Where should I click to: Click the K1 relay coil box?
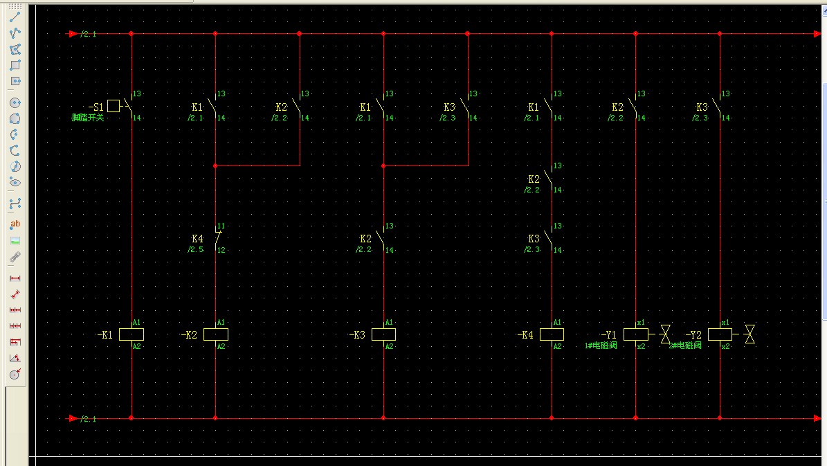tap(131, 334)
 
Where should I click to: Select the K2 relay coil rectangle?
tap(215, 334)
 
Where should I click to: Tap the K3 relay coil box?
tap(383, 334)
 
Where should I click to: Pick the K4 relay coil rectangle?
tap(552, 334)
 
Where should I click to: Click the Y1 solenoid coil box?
tap(635, 334)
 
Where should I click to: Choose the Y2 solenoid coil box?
tap(720, 334)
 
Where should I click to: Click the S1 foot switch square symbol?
tap(113, 106)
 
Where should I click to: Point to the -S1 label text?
tap(96, 107)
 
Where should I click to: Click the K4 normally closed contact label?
tap(197, 239)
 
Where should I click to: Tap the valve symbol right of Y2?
tap(749, 334)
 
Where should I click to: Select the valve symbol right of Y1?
tap(665, 334)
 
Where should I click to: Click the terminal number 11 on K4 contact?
tap(221, 226)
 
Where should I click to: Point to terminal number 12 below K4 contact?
tap(221, 250)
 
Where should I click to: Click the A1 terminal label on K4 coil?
tap(557, 323)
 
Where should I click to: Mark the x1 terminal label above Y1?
tap(641, 323)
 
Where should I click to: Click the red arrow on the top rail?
tap(73, 33)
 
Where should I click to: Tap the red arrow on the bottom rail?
tap(73, 418)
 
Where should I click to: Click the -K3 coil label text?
tap(357, 335)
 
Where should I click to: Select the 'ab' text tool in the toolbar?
tap(15, 224)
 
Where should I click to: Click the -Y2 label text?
tap(693, 335)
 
